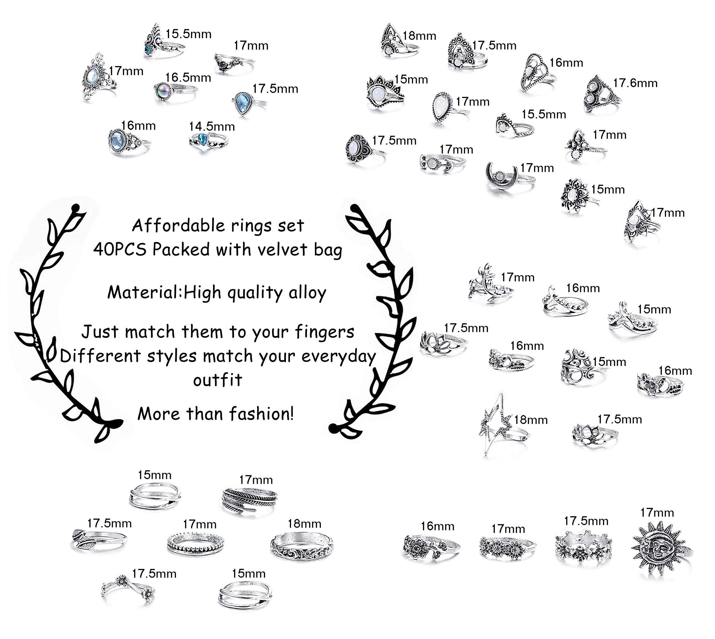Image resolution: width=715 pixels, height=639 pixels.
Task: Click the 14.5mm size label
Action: (212, 126)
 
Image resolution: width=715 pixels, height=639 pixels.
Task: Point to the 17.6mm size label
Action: (635, 83)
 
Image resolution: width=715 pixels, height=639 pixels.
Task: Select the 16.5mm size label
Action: (188, 78)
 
